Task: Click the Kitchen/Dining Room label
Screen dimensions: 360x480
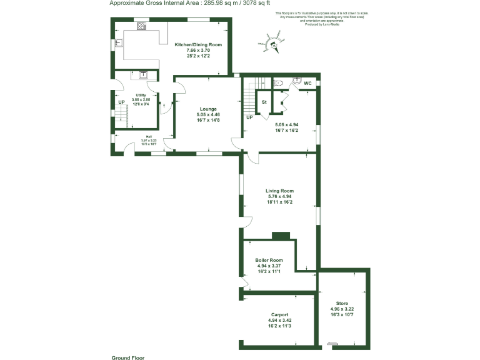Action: point(198,45)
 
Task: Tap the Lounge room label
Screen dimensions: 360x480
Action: point(208,109)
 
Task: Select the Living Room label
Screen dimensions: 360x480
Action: point(279,191)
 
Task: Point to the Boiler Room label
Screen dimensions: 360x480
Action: point(269,260)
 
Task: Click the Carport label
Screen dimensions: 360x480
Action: point(279,314)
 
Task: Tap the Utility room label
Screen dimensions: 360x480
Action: point(141,95)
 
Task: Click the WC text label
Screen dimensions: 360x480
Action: point(307,82)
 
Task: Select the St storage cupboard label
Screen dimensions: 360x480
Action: point(264,101)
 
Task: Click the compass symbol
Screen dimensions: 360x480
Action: point(273,44)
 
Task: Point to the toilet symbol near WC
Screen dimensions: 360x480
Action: point(279,82)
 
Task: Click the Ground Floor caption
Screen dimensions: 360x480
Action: point(128,357)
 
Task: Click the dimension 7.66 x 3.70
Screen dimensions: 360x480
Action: point(198,51)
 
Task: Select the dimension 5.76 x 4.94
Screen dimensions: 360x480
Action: point(279,197)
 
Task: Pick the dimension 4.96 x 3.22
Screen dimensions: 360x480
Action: point(342,309)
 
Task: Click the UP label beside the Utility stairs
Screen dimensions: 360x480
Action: point(121,102)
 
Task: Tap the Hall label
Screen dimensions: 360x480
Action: point(149,137)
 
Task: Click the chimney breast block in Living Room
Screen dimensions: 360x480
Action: point(281,236)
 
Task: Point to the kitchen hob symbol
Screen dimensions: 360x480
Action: point(141,26)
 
